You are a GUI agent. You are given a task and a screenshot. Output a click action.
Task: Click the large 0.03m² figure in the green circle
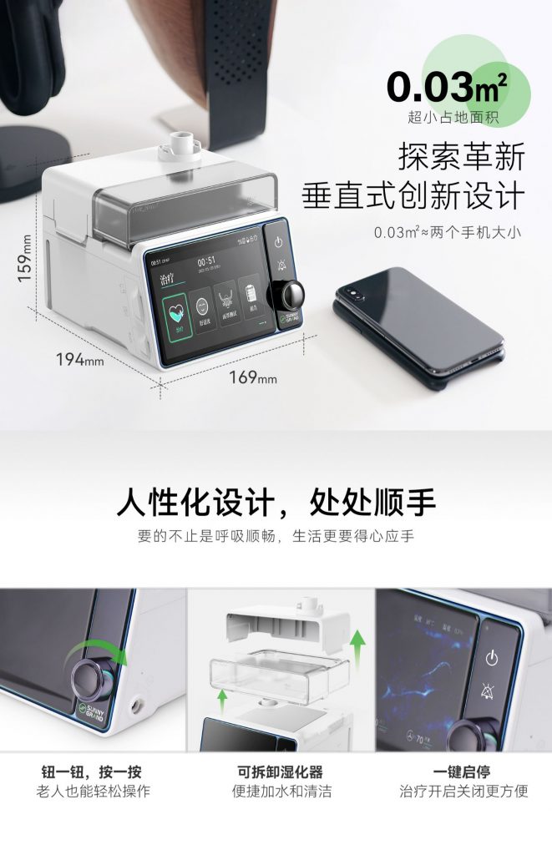point(447,86)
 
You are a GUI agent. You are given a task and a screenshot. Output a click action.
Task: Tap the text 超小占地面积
point(453,118)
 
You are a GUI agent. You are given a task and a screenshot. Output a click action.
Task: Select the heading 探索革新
point(461,155)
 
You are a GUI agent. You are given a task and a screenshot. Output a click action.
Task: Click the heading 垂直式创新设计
point(413,195)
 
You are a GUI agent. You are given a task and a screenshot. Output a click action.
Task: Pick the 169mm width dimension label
point(252,377)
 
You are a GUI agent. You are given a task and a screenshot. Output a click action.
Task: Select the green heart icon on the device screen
point(174,307)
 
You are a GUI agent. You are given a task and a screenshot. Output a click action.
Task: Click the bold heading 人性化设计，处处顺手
point(276,503)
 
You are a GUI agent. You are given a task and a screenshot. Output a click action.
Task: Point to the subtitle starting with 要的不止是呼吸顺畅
point(276,536)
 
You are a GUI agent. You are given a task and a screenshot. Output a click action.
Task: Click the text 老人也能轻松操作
point(92,792)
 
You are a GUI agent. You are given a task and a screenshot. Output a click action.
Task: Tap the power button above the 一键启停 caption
point(492,657)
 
